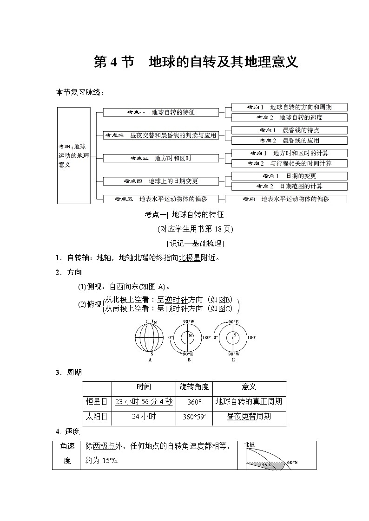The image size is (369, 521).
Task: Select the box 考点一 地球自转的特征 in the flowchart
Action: [161, 112]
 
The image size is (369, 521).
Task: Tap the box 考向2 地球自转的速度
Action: [289, 118]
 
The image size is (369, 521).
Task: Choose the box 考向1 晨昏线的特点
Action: [289, 130]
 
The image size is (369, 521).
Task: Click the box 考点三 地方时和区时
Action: [161, 158]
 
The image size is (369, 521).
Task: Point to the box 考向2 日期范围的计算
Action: [289, 187]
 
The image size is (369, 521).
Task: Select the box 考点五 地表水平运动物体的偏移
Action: [161, 199]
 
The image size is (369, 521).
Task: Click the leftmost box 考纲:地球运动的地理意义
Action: [73, 155]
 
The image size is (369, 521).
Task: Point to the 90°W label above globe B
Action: [189, 322]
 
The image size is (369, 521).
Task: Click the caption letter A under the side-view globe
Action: [150, 359]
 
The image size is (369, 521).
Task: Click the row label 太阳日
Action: [97, 417]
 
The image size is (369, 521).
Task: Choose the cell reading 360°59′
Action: [194, 417]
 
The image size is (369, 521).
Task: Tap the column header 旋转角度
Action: [194, 387]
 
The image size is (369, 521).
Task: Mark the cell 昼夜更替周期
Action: [249, 417]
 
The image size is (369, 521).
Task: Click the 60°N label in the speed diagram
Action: [292, 463]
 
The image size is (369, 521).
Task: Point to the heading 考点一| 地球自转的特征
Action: [184, 215]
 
